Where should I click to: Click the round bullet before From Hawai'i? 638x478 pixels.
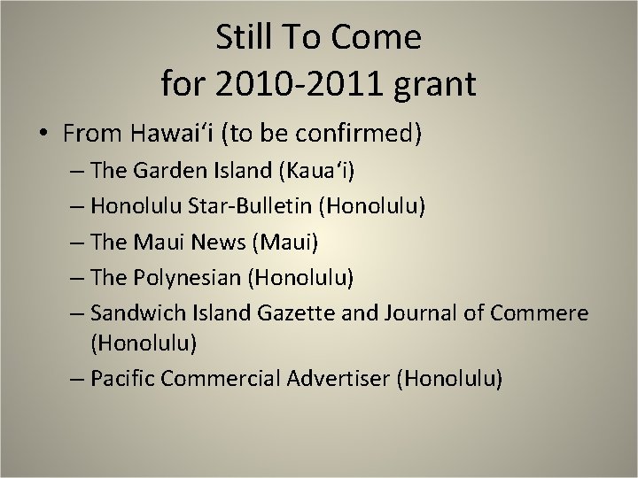coord(43,135)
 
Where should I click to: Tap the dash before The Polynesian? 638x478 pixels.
coord(74,277)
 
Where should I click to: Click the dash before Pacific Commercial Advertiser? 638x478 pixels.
coord(74,380)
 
